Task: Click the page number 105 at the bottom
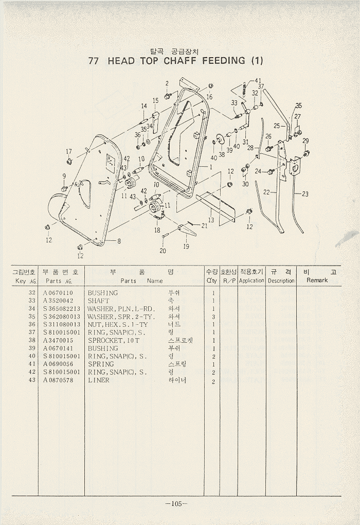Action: [x=176, y=503]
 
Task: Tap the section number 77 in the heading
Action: [x=94, y=60]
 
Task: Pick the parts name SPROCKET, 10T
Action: [x=113, y=340]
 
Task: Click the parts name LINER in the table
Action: [x=99, y=380]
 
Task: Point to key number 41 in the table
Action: [x=32, y=364]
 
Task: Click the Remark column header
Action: [x=317, y=281]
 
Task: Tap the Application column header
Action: [x=251, y=281]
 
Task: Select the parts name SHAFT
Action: [x=98, y=301]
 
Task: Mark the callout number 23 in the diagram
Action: [x=305, y=194]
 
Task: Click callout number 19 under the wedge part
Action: [x=186, y=246]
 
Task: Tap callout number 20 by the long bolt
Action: [x=163, y=251]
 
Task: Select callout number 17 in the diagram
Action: [x=68, y=151]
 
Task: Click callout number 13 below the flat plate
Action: [x=211, y=220]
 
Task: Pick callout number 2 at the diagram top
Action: [x=167, y=83]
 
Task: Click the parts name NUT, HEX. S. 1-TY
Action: [x=117, y=324]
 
